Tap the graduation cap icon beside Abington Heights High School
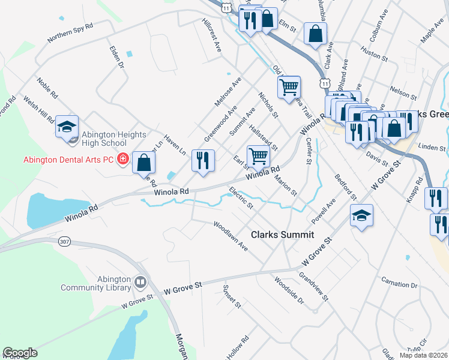(x=67, y=126)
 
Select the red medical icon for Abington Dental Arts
(x=123, y=160)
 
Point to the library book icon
(x=140, y=281)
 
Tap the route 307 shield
(x=64, y=241)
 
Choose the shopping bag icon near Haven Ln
(x=144, y=161)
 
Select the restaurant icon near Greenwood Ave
(x=203, y=160)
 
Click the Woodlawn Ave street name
(x=231, y=236)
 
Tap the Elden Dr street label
(x=116, y=57)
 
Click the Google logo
(x=20, y=353)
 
